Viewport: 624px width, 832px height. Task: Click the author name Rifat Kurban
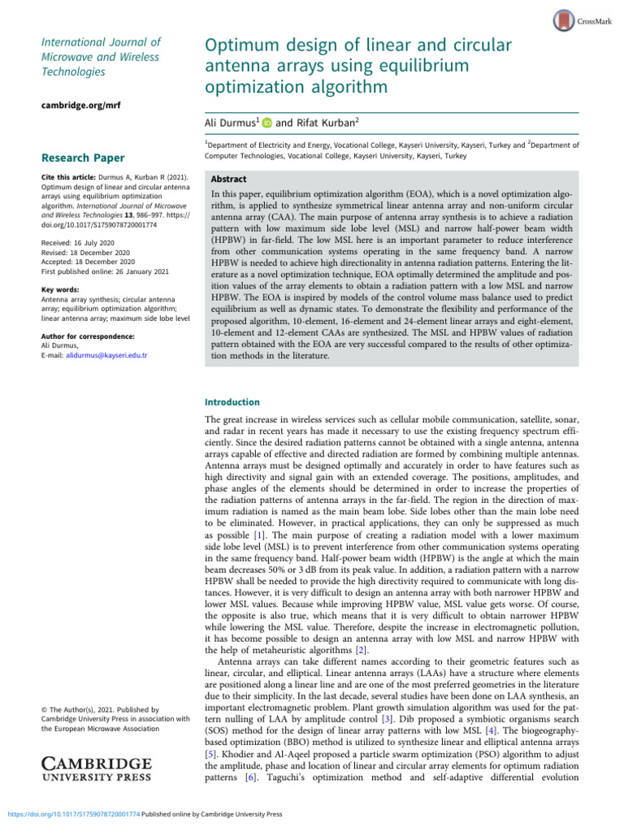[x=317, y=123]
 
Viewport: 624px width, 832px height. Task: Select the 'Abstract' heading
[x=229, y=180]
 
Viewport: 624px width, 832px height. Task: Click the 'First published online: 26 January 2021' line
[x=93, y=271]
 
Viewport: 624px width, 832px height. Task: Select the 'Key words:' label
[x=59, y=289]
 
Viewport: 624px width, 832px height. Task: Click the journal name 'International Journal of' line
[x=101, y=41]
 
